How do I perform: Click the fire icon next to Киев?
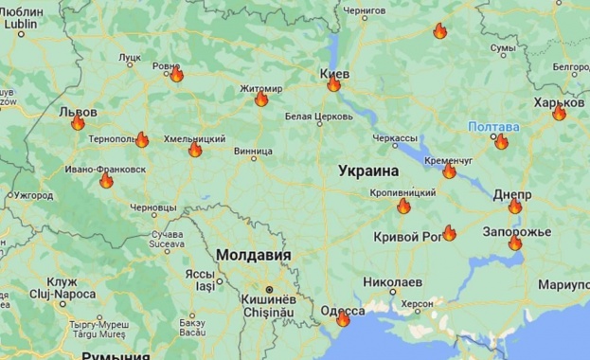[x=333, y=84]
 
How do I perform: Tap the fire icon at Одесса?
[x=343, y=319]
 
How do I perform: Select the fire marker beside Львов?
[x=78, y=123]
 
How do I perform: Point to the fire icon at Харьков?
[x=559, y=114]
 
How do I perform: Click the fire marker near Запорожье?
[x=515, y=243]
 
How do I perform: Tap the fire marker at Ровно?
[x=176, y=75]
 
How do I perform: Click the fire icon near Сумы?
[x=439, y=31]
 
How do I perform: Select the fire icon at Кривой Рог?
[x=449, y=233]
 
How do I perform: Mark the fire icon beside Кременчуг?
[x=449, y=171]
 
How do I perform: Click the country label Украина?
[x=368, y=171]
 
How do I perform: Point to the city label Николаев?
[x=392, y=282]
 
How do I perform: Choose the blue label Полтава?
[x=493, y=126]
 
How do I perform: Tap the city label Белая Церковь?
[x=312, y=117]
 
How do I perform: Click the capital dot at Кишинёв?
[x=269, y=289]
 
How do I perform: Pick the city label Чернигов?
[x=366, y=11]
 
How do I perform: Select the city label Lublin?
[x=20, y=26]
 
